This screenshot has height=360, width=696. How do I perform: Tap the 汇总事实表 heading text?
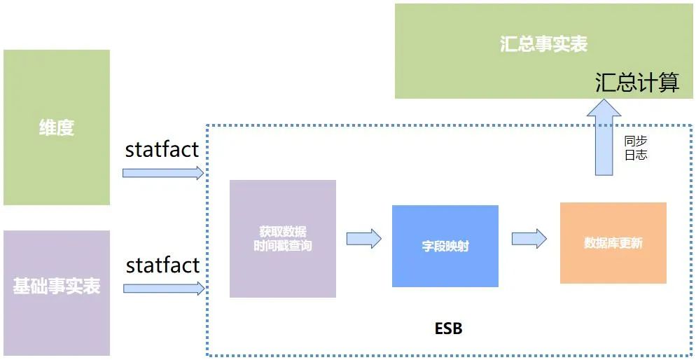pyautogui.click(x=543, y=44)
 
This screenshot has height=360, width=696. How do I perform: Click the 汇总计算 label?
pyautogui.click(x=637, y=83)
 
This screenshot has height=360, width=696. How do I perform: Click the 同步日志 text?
pyautogui.click(x=636, y=148)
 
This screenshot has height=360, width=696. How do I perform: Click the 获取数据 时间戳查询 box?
pyautogui.click(x=282, y=239)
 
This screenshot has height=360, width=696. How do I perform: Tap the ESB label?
pyautogui.click(x=448, y=328)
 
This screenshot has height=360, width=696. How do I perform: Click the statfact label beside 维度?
pyautogui.click(x=162, y=149)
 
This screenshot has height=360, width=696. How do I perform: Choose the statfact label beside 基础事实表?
pyautogui.click(x=162, y=265)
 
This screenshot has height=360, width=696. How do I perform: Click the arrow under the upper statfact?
pyautogui.click(x=163, y=172)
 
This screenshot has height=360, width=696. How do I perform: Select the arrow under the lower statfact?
pyautogui.click(x=163, y=288)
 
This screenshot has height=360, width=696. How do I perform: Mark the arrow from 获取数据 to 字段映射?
pyautogui.click(x=363, y=238)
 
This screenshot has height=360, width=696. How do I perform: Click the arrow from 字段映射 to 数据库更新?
pyautogui.click(x=529, y=238)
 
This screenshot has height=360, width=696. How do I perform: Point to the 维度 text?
pyautogui.click(x=56, y=128)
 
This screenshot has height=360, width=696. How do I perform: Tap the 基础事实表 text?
pyautogui.click(x=56, y=286)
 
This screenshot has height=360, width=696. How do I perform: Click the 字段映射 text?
pyautogui.click(x=445, y=247)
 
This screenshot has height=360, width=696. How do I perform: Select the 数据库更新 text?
pyautogui.click(x=613, y=244)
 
